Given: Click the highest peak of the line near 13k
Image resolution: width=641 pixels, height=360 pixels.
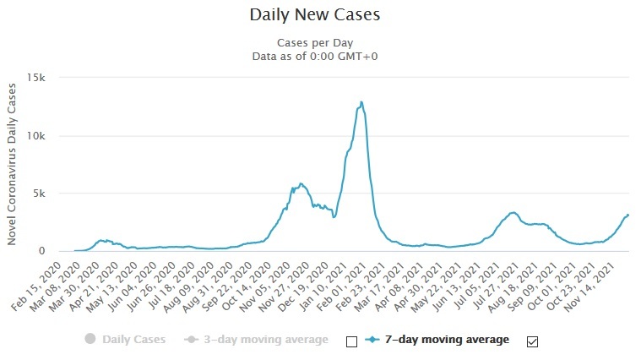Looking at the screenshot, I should click(x=361, y=102).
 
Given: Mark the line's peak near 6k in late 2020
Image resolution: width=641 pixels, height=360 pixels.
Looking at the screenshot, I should click(x=300, y=183).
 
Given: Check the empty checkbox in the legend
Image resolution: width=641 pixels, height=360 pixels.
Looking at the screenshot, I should click(x=352, y=341).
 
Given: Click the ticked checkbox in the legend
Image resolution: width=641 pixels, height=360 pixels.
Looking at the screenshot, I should click(x=532, y=341).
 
